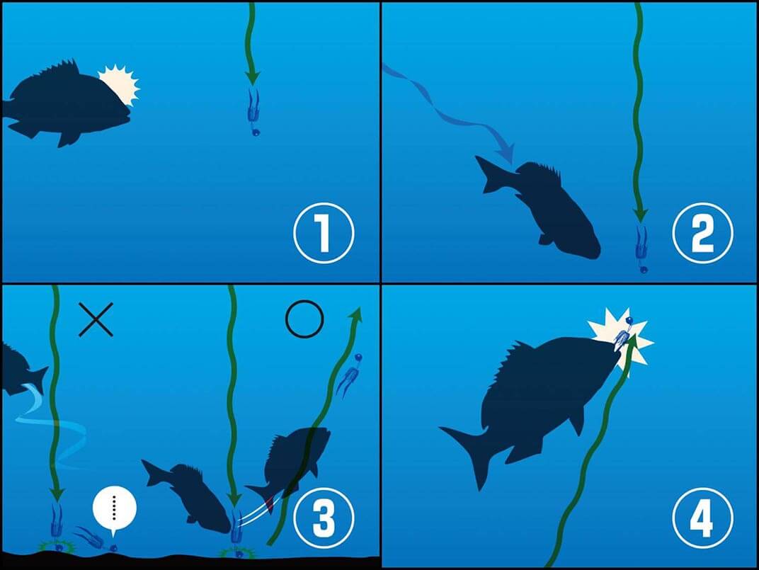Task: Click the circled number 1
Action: (323, 234)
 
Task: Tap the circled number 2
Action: (702, 234)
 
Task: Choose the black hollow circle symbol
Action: (304, 320)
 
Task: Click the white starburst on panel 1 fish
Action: (119, 85)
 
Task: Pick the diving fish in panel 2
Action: (545, 205)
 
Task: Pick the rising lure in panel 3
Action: (350, 375)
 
